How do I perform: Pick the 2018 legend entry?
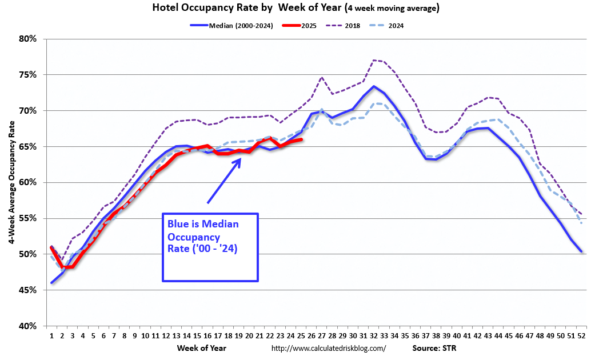coord(352,26)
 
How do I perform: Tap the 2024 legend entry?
coord(396,26)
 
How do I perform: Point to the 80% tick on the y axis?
coord(27,39)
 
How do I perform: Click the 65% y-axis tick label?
coord(27,147)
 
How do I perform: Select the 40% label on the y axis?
coord(27,326)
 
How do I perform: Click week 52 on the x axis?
coord(581,337)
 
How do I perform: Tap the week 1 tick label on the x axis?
coord(52,337)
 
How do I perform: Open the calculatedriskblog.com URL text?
coord(328,348)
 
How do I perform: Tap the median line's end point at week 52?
coord(581,251)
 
